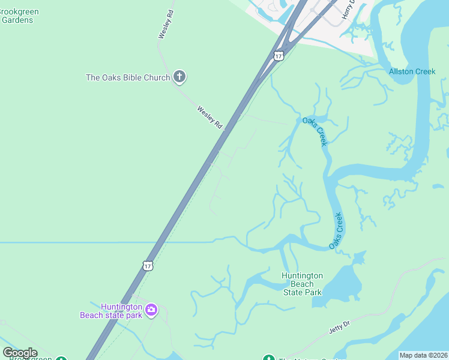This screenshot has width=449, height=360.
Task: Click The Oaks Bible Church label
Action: coord(128,77)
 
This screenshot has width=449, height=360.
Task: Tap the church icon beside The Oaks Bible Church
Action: coord(179,77)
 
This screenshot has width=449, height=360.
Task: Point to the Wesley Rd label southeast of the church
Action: coord(209,116)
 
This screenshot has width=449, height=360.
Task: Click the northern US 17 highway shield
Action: coord(278,56)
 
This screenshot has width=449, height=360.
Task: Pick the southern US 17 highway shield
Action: coord(148,265)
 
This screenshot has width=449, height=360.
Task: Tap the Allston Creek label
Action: coord(412,72)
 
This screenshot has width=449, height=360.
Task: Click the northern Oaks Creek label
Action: coord(315,131)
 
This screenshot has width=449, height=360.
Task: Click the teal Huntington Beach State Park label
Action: coord(303,284)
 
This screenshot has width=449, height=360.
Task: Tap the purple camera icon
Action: coord(151,310)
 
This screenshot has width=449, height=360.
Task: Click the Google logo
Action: coord(20,353)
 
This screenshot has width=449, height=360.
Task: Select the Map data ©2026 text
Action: coord(423,355)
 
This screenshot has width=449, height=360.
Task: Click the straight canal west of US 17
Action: coord(72,242)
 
